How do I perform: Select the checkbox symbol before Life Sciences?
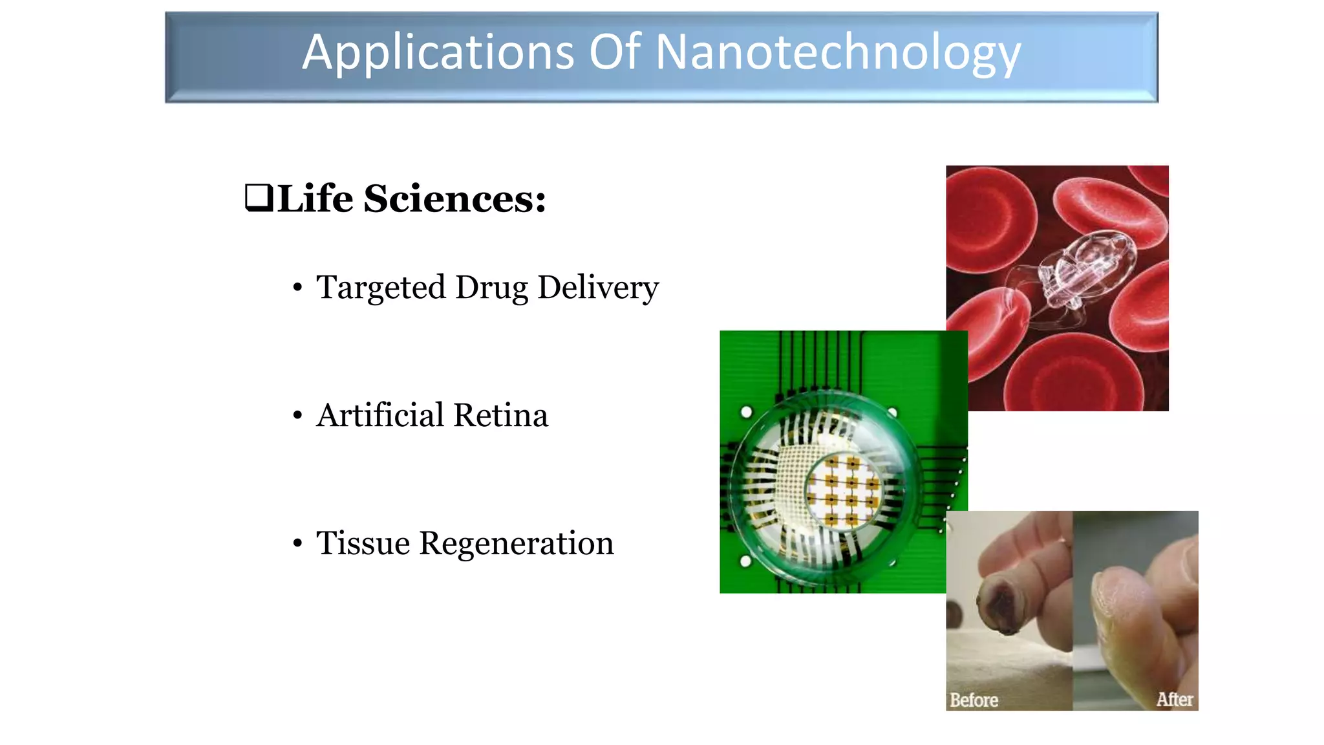(259, 198)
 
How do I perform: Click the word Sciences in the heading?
(454, 198)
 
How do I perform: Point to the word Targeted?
(381, 288)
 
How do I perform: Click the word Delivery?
(598, 288)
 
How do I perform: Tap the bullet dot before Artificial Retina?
(297, 415)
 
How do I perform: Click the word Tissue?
(363, 543)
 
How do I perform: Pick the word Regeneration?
(517, 543)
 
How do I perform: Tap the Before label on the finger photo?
(974, 700)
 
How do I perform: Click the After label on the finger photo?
(1174, 699)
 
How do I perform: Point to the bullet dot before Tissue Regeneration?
(297, 543)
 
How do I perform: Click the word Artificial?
(379, 415)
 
